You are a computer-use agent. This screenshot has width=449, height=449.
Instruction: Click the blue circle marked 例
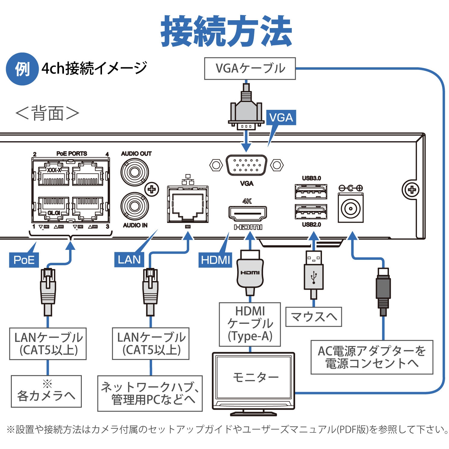click(22, 69)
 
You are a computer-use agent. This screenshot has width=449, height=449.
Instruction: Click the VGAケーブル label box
click(250, 68)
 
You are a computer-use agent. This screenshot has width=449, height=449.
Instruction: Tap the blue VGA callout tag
click(281, 117)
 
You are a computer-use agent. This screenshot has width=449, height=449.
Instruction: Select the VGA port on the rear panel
click(246, 165)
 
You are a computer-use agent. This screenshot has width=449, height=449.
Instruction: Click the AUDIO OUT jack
click(135, 172)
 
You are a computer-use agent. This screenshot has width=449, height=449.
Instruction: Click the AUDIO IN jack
click(135, 207)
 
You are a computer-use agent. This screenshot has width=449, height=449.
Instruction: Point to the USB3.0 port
click(311, 191)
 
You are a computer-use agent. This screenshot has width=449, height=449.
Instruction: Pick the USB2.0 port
click(311, 212)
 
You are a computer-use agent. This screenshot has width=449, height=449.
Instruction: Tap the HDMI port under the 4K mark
click(247, 214)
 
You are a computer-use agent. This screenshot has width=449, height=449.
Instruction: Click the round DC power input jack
click(350, 209)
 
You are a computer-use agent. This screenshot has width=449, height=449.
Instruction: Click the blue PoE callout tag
click(24, 260)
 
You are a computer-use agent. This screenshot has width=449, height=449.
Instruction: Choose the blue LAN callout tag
click(129, 260)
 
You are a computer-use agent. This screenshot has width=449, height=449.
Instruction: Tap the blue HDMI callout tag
click(215, 260)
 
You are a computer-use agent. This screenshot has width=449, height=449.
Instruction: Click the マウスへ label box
click(314, 317)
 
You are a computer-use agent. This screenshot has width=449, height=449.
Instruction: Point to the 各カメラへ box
click(46, 391)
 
